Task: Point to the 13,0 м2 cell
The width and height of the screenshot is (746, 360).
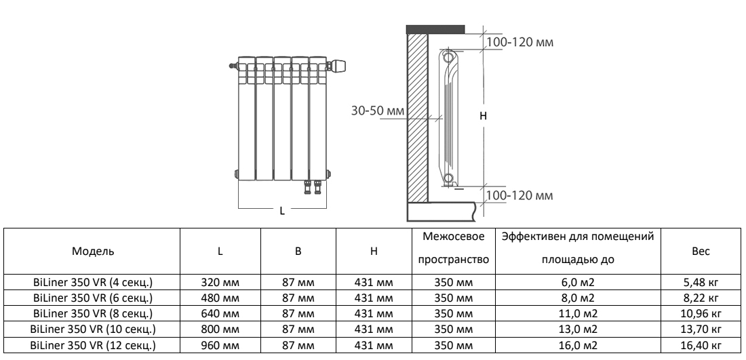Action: (579, 330)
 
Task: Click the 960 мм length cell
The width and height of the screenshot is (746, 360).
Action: (220, 346)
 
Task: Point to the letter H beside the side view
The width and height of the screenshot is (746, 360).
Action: (483, 116)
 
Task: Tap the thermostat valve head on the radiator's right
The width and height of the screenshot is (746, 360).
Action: (338, 66)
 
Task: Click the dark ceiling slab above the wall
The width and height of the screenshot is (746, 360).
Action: (435, 29)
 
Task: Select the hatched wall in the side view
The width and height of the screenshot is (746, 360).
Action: (417, 115)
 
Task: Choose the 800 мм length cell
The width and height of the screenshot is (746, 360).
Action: (220, 330)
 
